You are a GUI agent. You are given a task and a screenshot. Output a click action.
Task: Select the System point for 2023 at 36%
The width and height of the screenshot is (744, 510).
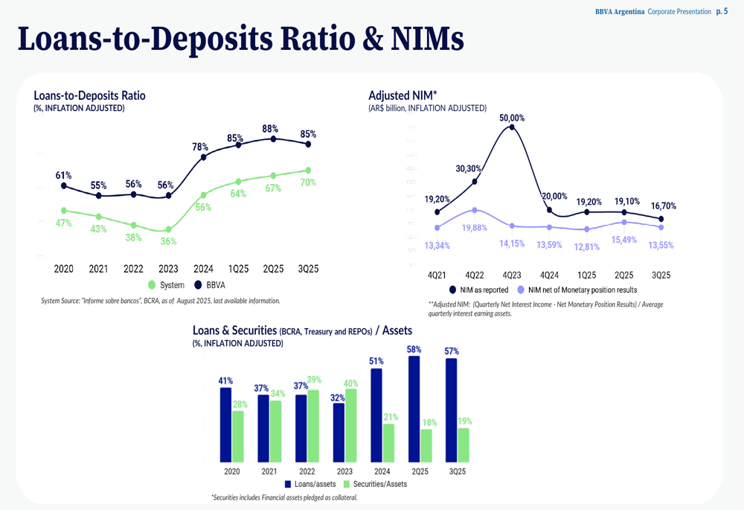pyautogui.click(x=168, y=229)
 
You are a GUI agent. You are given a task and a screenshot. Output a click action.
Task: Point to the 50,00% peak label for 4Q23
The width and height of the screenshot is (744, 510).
pyautogui.click(x=511, y=118)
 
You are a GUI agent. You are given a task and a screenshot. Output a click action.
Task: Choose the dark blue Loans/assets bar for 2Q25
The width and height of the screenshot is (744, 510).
pyautogui.click(x=414, y=409)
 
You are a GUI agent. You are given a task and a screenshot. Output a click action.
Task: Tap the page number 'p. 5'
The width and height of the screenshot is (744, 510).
pyautogui.click(x=722, y=11)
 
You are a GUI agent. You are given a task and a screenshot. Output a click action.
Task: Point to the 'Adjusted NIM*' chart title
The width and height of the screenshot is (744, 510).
pyautogui.click(x=403, y=95)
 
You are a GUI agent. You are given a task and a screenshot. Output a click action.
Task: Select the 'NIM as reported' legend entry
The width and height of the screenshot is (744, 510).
pyautogui.click(x=481, y=290)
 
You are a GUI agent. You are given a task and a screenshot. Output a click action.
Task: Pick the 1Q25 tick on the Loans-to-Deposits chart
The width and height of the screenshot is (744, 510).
pyautogui.click(x=239, y=269)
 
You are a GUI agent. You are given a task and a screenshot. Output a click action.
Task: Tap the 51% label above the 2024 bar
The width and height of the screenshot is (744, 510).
pyautogui.click(x=377, y=362)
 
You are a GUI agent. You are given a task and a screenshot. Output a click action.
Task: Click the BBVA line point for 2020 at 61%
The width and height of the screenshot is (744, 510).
pyautogui.click(x=64, y=185)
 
